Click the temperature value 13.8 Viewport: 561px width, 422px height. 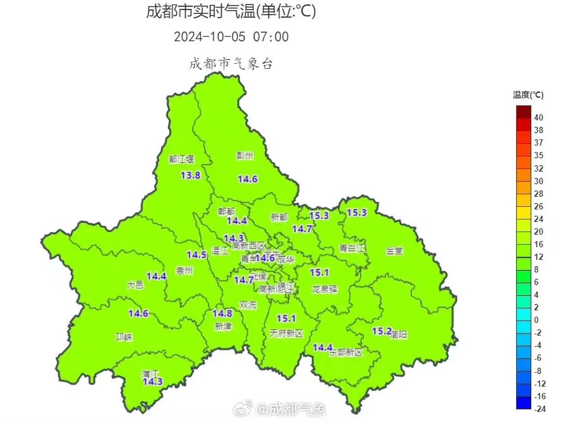coord(191,175)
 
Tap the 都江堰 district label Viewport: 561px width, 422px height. coord(181,160)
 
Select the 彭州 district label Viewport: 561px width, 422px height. coord(244,155)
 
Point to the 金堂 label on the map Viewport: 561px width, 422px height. coord(394,250)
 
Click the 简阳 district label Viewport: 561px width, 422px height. coord(399,335)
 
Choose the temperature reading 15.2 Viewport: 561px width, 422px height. coord(382,331)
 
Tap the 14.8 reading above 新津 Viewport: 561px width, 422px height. coord(222,314)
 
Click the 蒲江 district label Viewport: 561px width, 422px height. coord(150,373)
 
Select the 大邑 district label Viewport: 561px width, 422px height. coord(135,285)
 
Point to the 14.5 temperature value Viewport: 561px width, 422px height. coord(196,255)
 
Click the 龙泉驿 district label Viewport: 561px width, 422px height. coord(325,289)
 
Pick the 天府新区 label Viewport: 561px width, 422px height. coord(286,333)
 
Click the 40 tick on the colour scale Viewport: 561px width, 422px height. coord(539,117)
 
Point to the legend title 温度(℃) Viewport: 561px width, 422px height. coord(528,95)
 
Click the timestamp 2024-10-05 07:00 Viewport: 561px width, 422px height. coord(231,37)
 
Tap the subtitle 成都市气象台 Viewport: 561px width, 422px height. coord(231,64)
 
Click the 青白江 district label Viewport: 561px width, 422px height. coord(353,249)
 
